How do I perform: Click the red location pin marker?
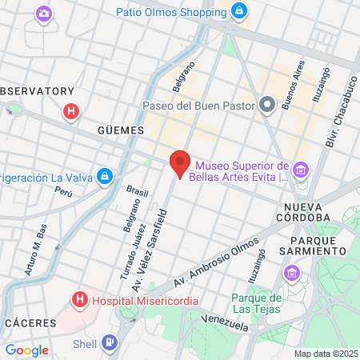point(180,163)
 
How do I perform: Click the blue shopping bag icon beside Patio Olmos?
point(238,11)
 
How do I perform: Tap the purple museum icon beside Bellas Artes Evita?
point(300,170)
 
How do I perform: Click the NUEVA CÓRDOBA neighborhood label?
point(307,211)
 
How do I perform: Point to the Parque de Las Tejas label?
point(254,303)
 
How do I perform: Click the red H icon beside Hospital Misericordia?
point(80,301)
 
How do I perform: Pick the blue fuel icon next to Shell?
point(109,343)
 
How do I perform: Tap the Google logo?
point(26,350)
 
